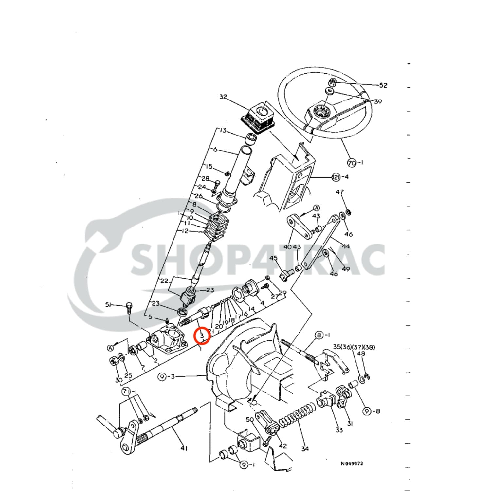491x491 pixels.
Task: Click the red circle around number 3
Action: (202, 335)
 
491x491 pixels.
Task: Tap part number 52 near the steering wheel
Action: (383, 85)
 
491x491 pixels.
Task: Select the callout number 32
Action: (223, 97)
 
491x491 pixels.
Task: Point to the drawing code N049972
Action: (352, 464)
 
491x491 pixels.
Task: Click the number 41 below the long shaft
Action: (184, 448)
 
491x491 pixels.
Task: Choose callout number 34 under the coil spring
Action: (305, 449)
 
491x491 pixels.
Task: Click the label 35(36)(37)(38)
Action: (354, 347)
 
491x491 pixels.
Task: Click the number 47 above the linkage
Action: (340, 192)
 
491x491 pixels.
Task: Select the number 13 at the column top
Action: (223, 131)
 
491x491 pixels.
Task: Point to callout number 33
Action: (339, 430)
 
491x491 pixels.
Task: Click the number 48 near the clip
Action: (361, 354)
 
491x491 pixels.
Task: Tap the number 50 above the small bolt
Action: (249, 420)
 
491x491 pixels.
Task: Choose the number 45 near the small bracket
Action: (273, 258)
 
